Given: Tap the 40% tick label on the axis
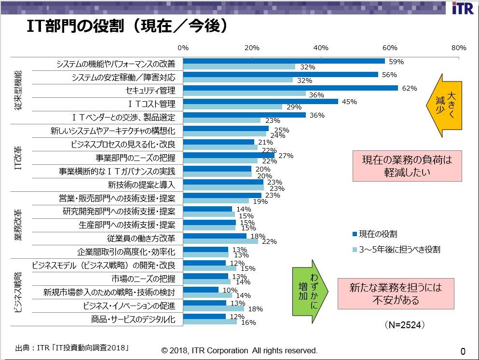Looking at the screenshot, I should (x=321, y=48).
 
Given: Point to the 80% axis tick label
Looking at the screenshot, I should (x=459, y=48).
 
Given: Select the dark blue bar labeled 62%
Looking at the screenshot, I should (x=290, y=88).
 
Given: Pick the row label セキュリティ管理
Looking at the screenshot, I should (x=150, y=91).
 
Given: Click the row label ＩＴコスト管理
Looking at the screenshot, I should (x=147, y=104).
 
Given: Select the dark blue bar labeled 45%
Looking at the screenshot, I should (x=260, y=102).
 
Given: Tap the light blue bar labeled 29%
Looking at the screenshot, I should (x=233, y=107).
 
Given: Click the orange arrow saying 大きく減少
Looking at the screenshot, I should (x=444, y=105).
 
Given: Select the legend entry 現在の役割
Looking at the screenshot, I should (x=375, y=234).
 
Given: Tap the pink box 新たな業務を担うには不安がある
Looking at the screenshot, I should (x=395, y=294).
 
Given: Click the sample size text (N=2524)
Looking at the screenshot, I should (x=405, y=325).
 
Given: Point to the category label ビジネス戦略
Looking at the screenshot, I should (x=18, y=293).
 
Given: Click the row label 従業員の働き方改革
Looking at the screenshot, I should (x=141, y=239).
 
